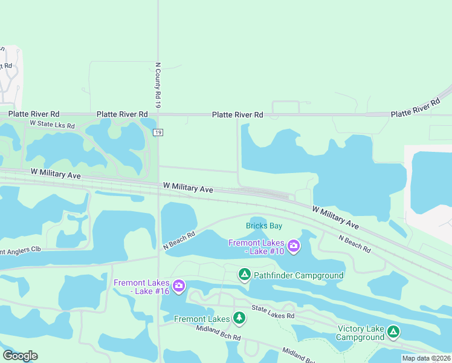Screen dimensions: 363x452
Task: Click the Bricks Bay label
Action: pyautogui.click(x=264, y=226)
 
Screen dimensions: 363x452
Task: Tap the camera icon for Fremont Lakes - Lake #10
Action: pyautogui.click(x=294, y=245)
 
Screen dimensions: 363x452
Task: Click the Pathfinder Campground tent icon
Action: pyautogui.click(x=245, y=275)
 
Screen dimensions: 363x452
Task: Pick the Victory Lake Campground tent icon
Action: pyautogui.click(x=393, y=332)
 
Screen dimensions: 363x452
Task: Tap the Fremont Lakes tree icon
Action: pyautogui.click(x=239, y=318)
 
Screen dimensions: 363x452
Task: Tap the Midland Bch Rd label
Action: pyautogui.click(x=219, y=333)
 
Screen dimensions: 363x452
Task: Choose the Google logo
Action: pyautogui.click(x=20, y=356)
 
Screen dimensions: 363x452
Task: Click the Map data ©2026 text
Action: pyautogui.click(x=426, y=358)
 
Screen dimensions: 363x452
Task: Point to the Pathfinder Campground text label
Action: pyautogui.click(x=299, y=276)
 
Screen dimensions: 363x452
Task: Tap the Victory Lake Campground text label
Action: pyautogui.click(x=361, y=333)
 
